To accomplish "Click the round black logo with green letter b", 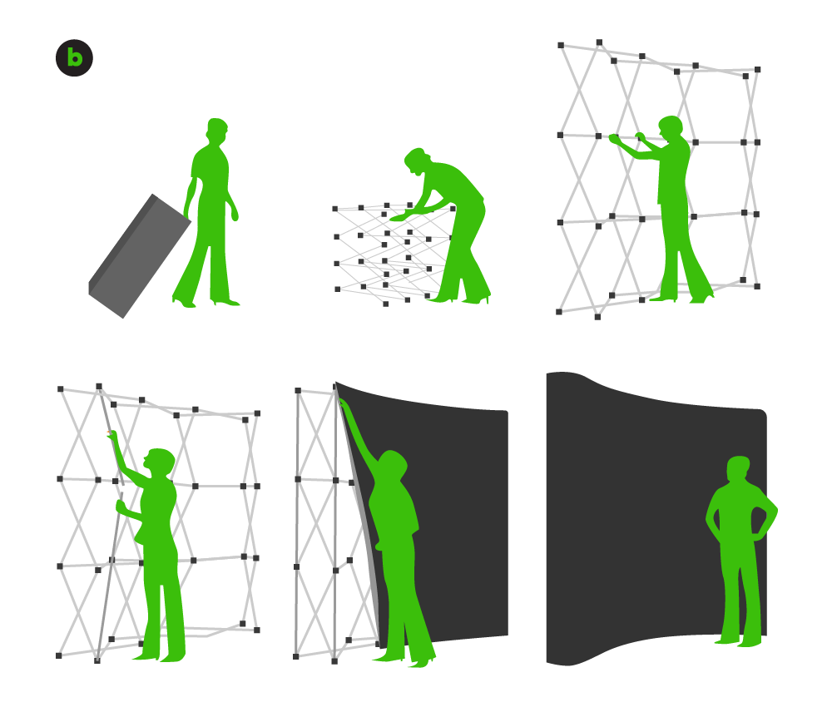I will point(74,57).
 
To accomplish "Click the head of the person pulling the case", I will point(216,130).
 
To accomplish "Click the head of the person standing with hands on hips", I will point(738,468).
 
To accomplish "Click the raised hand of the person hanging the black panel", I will point(342,404).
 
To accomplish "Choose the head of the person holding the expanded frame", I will point(671,127).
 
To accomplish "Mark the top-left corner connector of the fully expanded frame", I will point(561,45).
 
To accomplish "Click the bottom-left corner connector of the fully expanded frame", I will point(559,312).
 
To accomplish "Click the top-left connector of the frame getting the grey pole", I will point(61,389).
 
